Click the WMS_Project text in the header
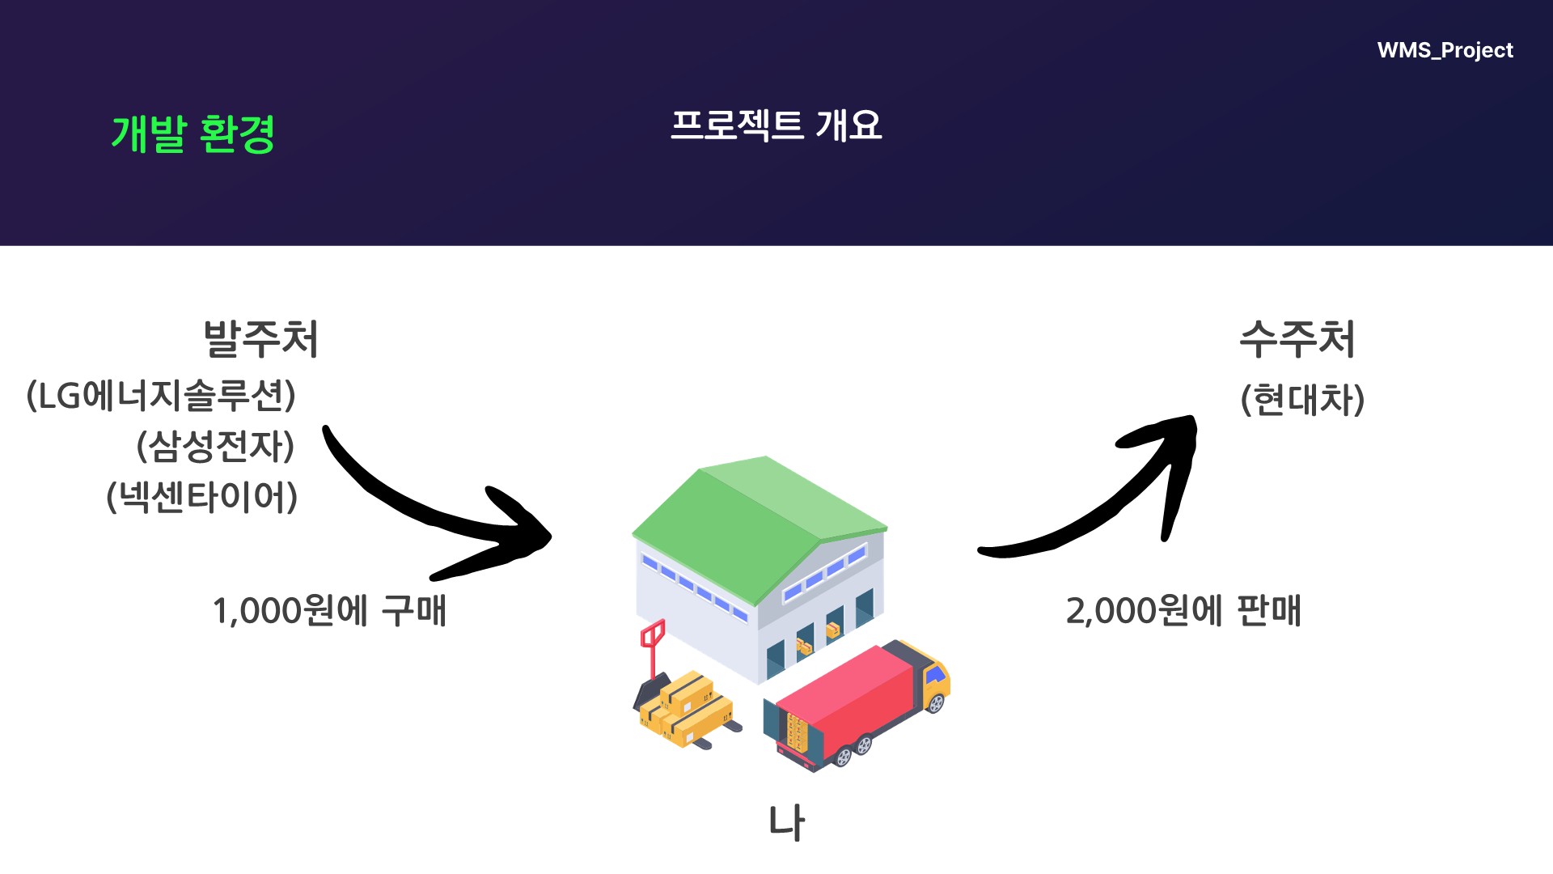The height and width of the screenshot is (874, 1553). (1445, 50)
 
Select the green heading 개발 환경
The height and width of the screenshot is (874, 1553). (193, 134)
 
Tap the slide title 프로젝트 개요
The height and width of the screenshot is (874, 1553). (776, 125)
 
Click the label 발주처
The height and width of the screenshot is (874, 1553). (260, 338)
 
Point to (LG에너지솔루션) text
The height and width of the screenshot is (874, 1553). (162, 396)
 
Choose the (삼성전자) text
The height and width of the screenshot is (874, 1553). (215, 446)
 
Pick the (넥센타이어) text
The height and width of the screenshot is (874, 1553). (202, 497)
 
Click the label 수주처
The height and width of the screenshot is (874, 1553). (1297, 338)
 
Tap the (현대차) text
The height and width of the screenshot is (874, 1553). (1302, 400)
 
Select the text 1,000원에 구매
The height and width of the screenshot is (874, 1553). (329, 611)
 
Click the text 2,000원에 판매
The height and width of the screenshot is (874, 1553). (1183, 611)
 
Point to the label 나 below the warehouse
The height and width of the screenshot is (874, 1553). (786, 823)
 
